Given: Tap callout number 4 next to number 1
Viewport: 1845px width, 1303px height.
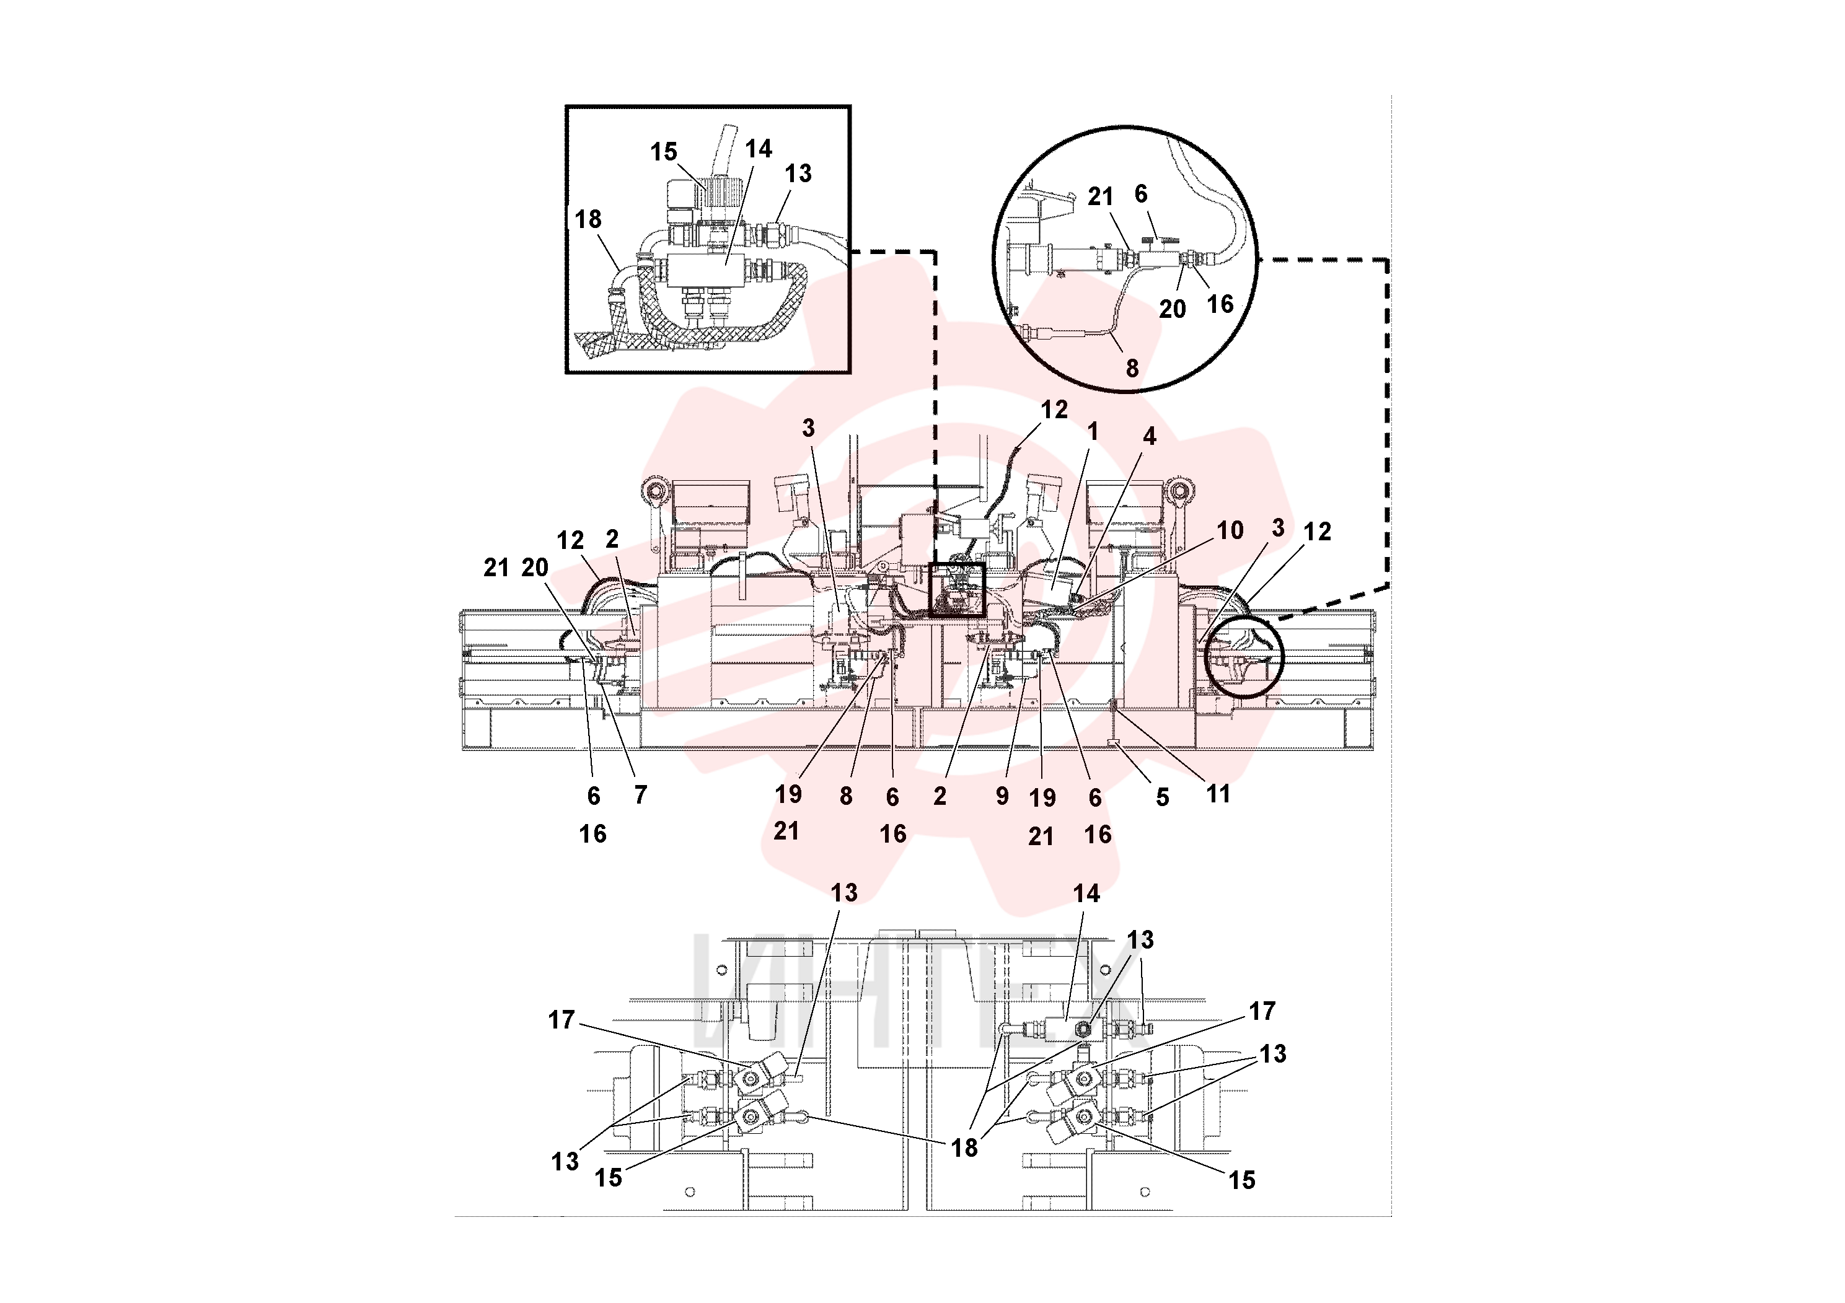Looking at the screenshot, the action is (1150, 436).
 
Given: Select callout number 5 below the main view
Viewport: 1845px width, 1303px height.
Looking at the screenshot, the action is (1163, 797).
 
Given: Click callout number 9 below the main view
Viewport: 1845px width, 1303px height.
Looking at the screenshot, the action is (1002, 796).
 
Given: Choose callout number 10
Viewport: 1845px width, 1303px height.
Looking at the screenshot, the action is (1230, 530).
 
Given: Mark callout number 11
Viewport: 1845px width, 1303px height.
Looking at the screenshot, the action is (1218, 794).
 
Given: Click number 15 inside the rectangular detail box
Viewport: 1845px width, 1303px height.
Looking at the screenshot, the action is (664, 152).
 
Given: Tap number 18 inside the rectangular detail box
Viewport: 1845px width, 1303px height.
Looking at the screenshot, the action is (588, 219).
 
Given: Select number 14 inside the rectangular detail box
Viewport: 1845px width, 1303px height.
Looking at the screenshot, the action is (759, 149).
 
